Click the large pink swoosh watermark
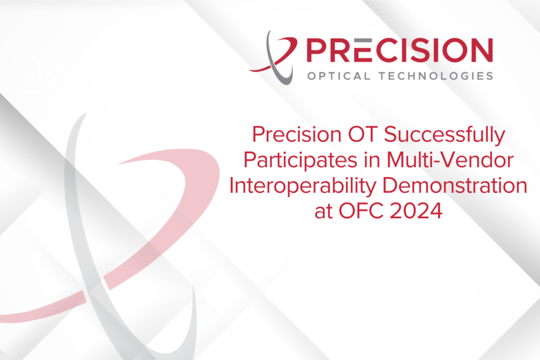(174, 200)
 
